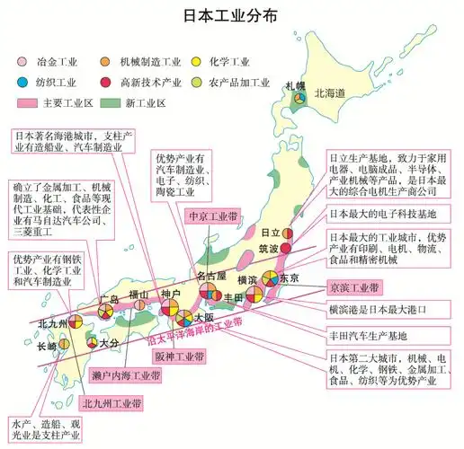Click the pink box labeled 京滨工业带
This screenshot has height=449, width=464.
tap(354, 288)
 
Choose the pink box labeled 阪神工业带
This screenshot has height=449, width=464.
tap(179, 357)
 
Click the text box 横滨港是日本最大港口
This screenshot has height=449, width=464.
tap(378, 310)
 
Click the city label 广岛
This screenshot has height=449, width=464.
tap(108, 297)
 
